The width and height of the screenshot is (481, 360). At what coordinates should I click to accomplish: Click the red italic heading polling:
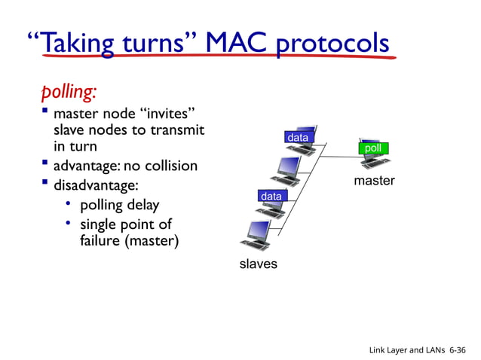coord(69,92)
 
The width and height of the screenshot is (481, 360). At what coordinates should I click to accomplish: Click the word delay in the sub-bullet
coord(141,205)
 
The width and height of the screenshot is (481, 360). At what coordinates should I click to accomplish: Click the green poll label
coord(372,148)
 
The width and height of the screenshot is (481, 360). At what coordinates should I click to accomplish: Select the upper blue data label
coord(297,139)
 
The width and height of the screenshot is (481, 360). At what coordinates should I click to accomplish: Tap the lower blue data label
coord(271,197)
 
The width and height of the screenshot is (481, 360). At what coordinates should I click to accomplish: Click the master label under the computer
coord(374,181)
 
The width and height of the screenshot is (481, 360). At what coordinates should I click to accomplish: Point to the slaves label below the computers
coord(258,264)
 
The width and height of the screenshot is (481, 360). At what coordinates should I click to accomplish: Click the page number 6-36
coord(457,350)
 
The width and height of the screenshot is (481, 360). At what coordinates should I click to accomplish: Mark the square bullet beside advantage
coord(47,163)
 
